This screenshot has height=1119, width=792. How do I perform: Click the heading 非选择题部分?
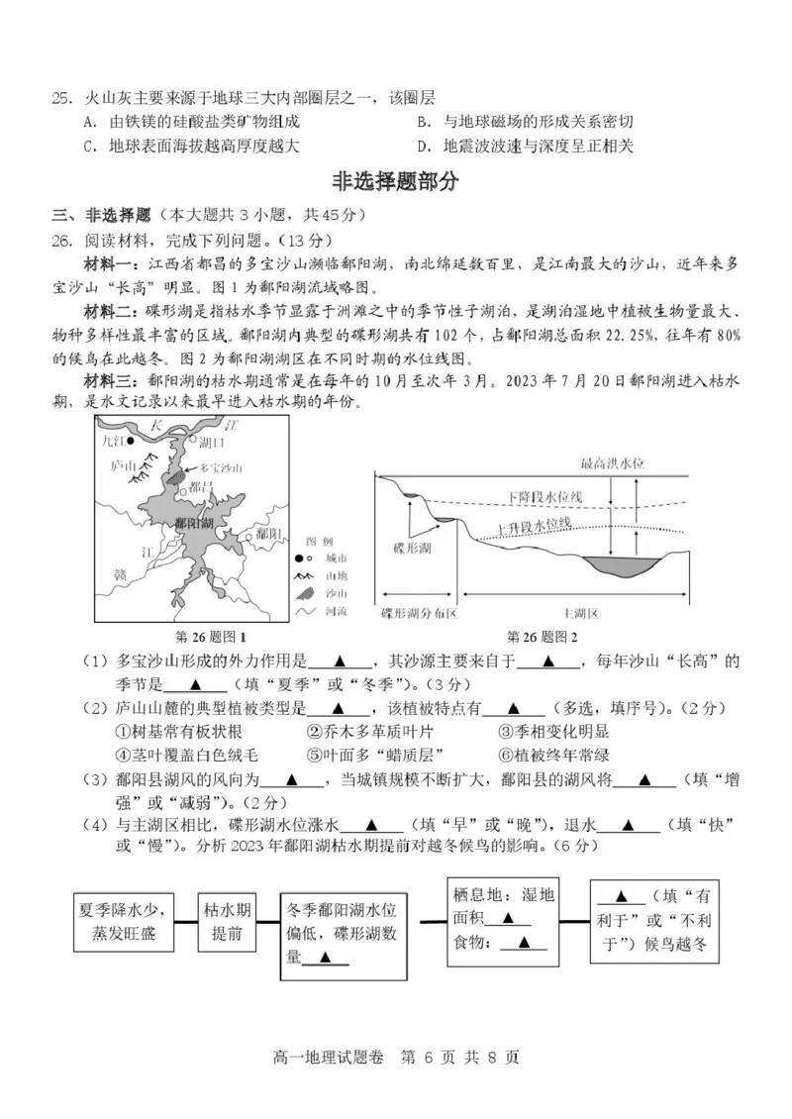pyautogui.click(x=397, y=181)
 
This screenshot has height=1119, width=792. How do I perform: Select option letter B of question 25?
pyautogui.click(x=423, y=122)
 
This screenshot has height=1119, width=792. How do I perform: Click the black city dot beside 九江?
pyautogui.click(x=132, y=442)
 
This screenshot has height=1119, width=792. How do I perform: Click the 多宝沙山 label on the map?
pyautogui.click(x=221, y=466)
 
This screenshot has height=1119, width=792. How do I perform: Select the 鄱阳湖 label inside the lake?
pyautogui.click(x=191, y=522)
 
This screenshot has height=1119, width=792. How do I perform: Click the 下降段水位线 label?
pyautogui.click(x=544, y=495)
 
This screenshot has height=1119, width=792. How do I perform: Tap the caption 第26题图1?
pyautogui.click(x=211, y=636)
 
